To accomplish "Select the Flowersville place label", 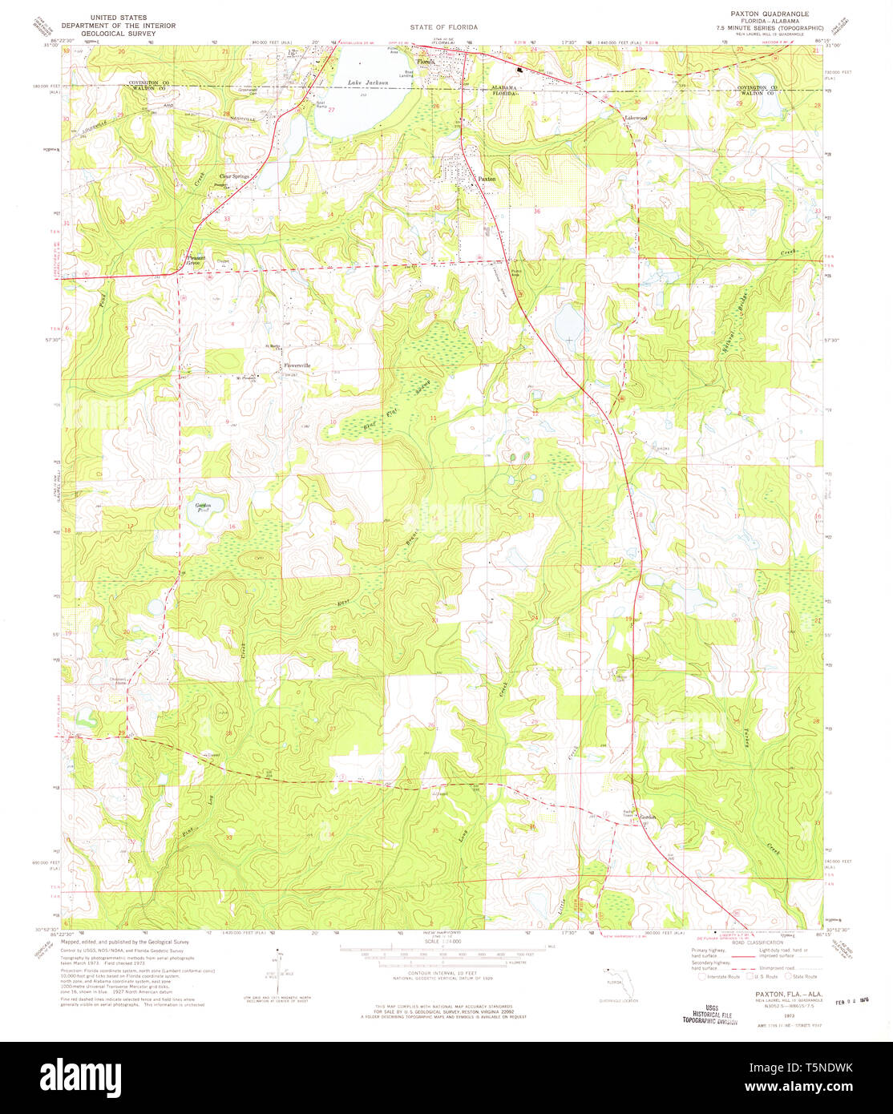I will (x=297, y=366).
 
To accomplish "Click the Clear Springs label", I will (x=234, y=176).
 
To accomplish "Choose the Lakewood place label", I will (x=636, y=118).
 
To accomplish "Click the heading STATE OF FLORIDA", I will (x=443, y=27).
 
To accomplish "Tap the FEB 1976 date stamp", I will (x=853, y=1000).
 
